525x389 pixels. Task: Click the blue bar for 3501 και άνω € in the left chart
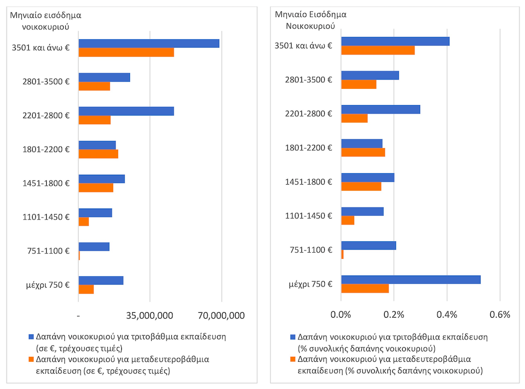click(149, 44)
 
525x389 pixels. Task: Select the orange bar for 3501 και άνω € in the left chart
click(126, 52)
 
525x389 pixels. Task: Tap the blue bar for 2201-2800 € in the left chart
click(126, 111)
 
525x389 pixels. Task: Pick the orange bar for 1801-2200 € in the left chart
click(98, 154)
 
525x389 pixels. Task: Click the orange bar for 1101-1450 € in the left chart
click(84, 222)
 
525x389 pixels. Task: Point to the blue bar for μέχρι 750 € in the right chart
click(411, 279)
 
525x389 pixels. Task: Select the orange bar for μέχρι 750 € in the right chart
click(365, 288)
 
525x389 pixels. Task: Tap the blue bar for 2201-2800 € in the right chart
click(380, 110)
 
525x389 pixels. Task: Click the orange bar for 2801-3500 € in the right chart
click(359, 84)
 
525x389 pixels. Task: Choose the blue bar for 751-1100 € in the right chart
click(368, 246)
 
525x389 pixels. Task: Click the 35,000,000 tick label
click(149, 315)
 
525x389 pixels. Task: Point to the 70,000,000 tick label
click(221, 315)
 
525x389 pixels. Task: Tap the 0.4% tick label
click(447, 314)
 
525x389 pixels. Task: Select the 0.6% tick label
click(499, 314)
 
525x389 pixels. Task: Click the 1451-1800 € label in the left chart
click(46, 183)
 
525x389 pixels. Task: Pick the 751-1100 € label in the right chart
click(309, 250)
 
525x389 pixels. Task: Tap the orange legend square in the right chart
click(293, 360)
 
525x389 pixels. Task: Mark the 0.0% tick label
click(341, 314)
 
